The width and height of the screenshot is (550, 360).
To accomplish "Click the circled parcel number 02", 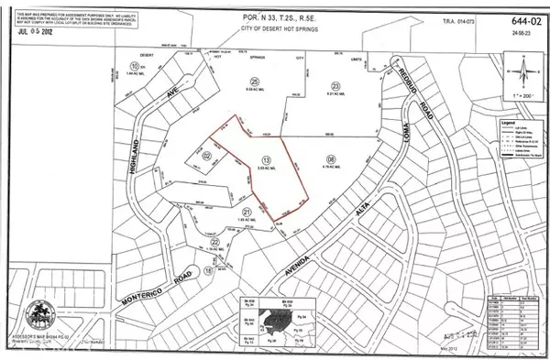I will [207, 157].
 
